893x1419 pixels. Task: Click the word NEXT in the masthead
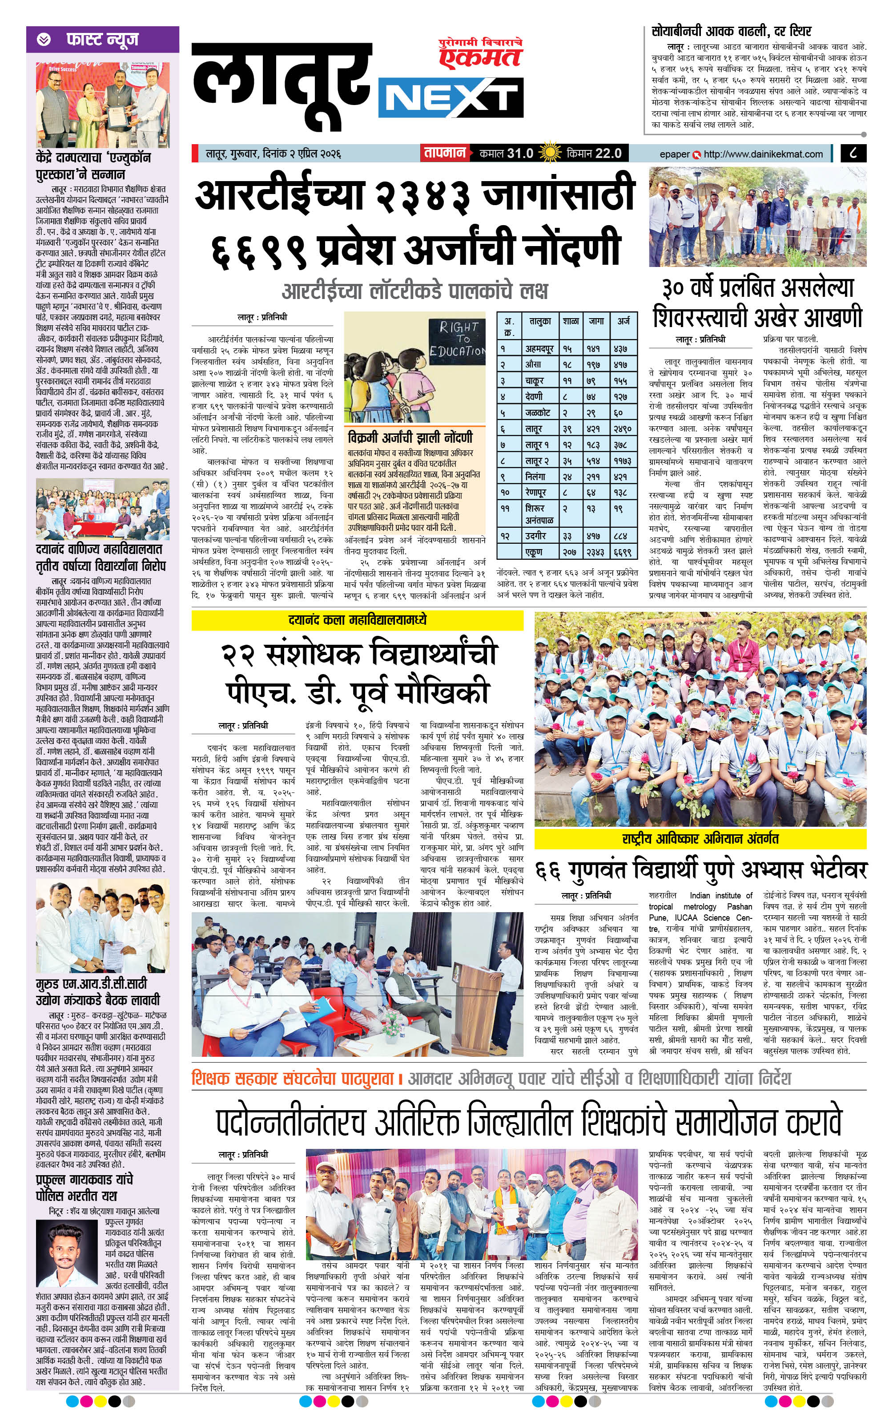click(x=453, y=100)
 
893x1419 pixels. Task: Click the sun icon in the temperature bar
click(x=551, y=153)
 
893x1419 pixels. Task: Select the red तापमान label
click(x=443, y=153)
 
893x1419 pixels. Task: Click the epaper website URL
click(x=763, y=154)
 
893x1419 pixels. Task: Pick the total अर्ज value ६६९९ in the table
click(x=623, y=552)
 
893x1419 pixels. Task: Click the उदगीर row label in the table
click(x=536, y=536)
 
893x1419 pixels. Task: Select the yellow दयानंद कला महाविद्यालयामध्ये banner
click(x=357, y=620)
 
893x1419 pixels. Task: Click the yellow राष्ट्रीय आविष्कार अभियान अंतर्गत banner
click(x=700, y=838)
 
